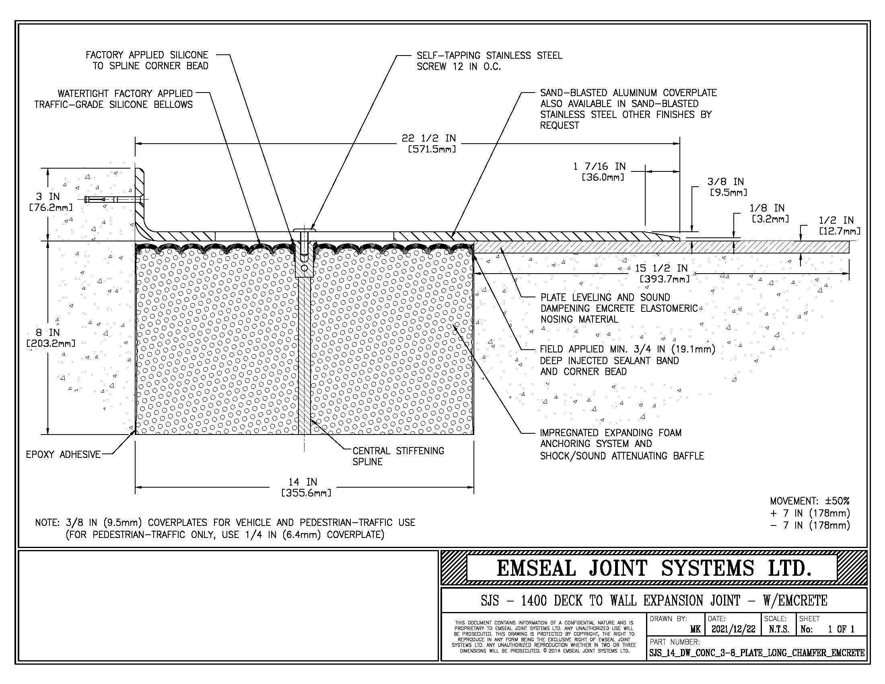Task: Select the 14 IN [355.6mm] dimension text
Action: tap(306, 488)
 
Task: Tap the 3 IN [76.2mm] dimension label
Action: tap(49, 202)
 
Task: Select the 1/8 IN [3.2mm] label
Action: tap(768, 213)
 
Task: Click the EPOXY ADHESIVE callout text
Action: tap(63, 455)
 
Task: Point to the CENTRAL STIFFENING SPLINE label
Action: tap(398, 456)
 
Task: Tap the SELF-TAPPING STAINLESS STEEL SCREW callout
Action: tap(489, 61)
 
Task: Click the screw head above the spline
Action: tap(304, 231)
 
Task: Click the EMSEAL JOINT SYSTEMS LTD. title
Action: tap(654, 568)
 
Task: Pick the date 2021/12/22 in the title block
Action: tap(733, 629)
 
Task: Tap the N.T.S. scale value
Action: tap(778, 629)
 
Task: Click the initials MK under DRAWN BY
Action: tap(695, 629)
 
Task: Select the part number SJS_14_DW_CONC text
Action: tap(756, 653)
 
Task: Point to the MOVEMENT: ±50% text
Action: tap(809, 501)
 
